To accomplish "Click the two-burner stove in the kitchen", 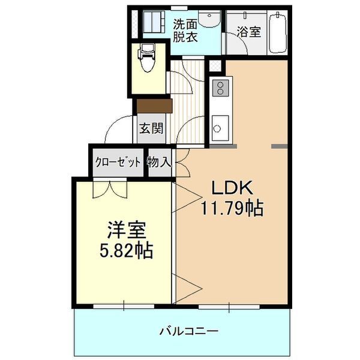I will [220, 89].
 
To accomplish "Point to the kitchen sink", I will [219, 128].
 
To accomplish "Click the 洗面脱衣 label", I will [185, 31].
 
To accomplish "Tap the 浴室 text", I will [248, 32].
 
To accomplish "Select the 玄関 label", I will [151, 128].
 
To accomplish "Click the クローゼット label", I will [118, 161].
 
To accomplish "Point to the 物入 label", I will [160, 161].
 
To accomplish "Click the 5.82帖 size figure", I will [126, 250].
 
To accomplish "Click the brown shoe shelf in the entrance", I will [154, 106].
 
